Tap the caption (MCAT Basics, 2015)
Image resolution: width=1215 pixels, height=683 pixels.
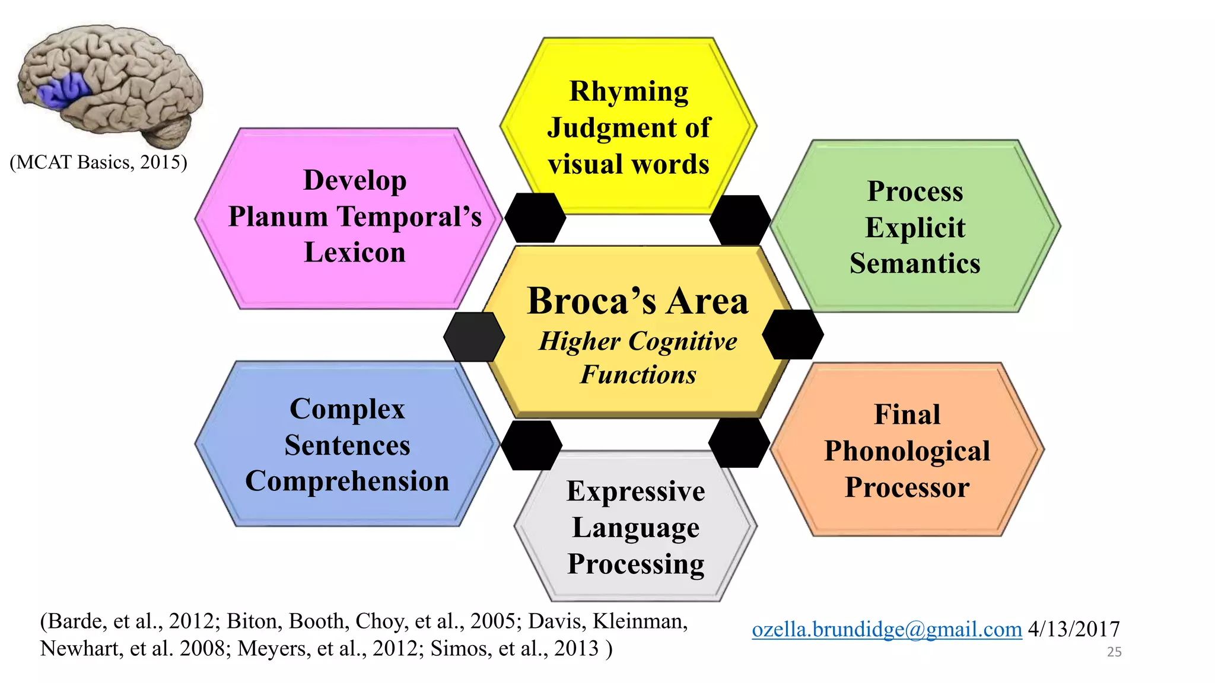coord(98,162)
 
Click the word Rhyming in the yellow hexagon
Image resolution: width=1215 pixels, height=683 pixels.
coord(628,92)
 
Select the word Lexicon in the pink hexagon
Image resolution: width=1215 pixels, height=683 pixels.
coord(355,253)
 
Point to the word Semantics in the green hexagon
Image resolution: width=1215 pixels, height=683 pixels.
coord(915,264)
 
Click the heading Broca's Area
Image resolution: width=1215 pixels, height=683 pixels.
coord(638,301)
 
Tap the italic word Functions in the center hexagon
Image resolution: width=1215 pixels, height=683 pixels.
coord(638,375)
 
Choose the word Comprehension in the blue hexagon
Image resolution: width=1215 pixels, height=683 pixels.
coord(347,481)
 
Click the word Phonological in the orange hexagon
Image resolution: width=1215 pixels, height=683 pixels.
coord(907,451)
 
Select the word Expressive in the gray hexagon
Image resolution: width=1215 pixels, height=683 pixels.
coord(635,491)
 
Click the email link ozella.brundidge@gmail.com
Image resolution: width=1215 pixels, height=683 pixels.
coord(886,629)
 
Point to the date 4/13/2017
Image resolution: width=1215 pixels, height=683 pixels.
coord(1073,629)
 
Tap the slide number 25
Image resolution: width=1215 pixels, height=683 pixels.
coord(1114,652)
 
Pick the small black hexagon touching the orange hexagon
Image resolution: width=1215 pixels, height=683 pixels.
coord(739,443)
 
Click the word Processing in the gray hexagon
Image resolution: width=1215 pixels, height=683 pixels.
coord(635,564)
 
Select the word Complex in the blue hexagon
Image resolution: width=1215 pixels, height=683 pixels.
coord(347,409)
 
